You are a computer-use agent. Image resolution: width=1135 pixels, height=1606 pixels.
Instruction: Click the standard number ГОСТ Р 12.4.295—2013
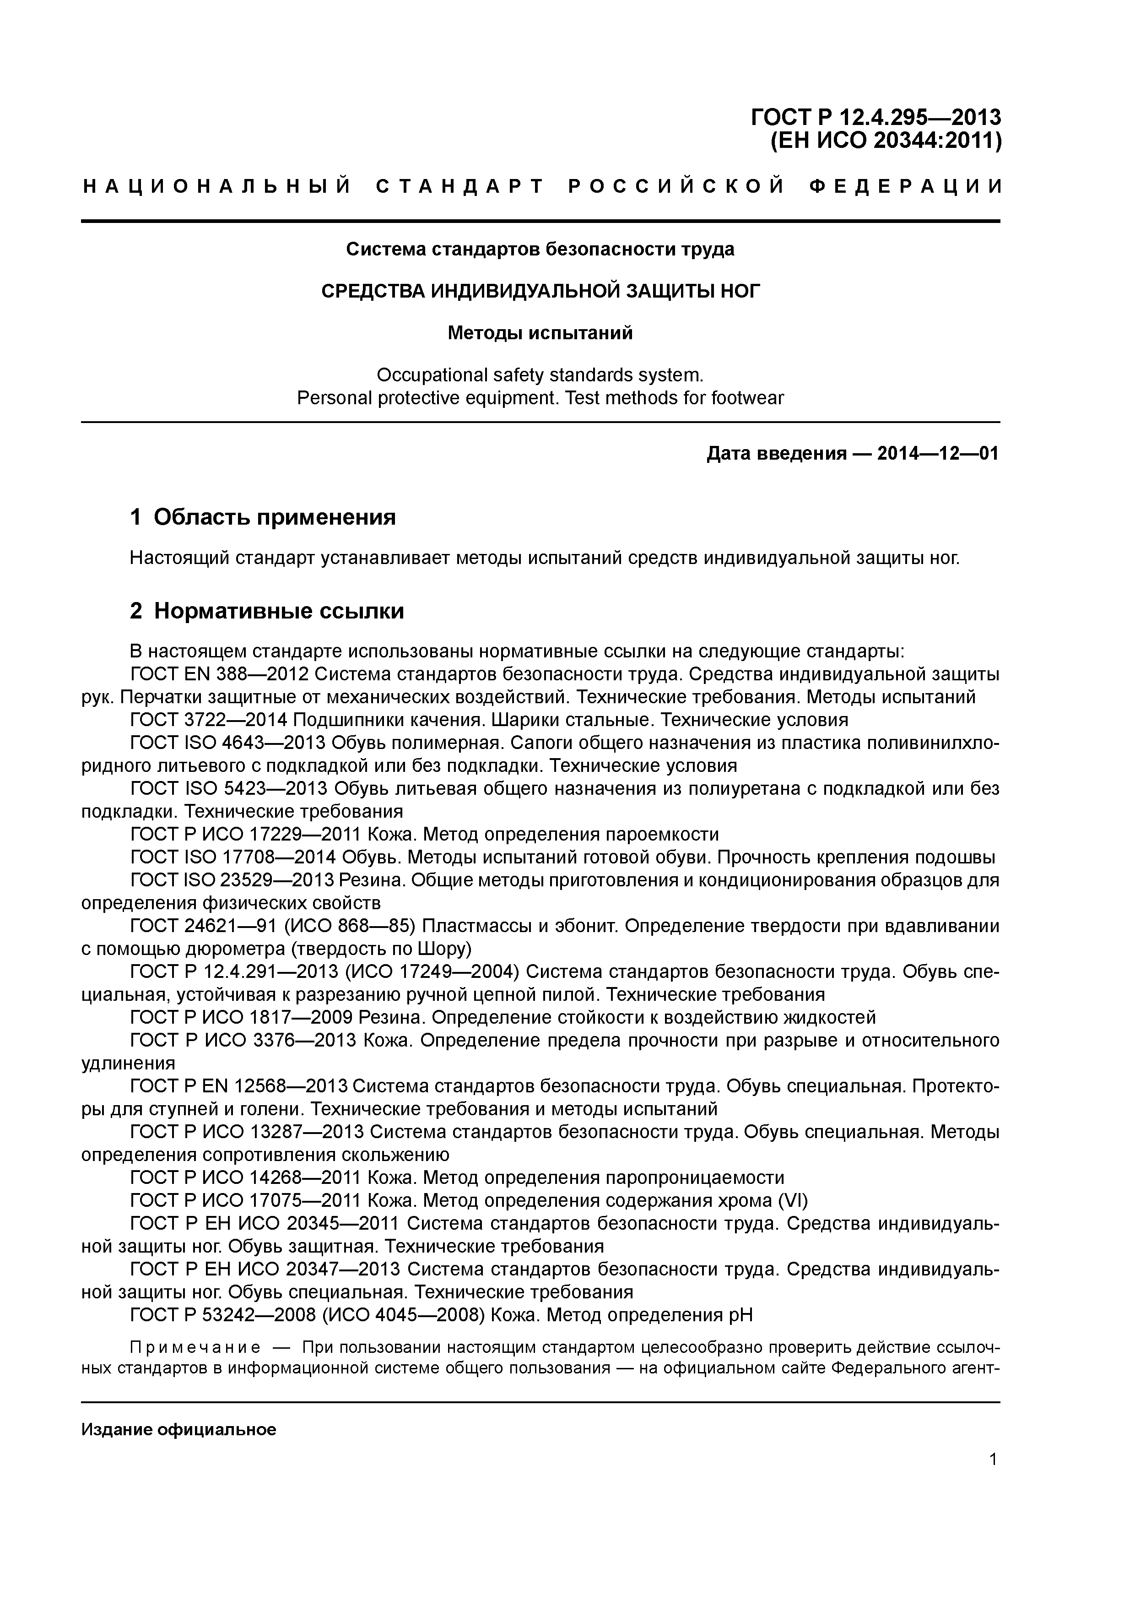coord(876,117)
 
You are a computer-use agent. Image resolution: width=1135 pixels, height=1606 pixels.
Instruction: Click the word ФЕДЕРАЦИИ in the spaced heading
coord(906,187)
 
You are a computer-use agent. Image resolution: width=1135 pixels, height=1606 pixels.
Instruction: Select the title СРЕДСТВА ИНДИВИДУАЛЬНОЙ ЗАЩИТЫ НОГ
coord(540,291)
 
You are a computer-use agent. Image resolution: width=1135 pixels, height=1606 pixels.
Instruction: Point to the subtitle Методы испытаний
coord(540,333)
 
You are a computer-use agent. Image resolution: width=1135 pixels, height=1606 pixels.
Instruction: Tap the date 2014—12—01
coord(938,454)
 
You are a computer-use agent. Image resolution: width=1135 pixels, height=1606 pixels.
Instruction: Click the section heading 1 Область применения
coord(263,517)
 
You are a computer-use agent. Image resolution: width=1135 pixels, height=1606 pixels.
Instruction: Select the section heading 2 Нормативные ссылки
coord(267,611)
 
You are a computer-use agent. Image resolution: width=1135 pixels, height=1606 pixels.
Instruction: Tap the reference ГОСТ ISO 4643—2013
coord(229,743)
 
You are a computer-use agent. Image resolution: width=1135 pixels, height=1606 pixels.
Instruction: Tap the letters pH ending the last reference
coord(741,1315)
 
